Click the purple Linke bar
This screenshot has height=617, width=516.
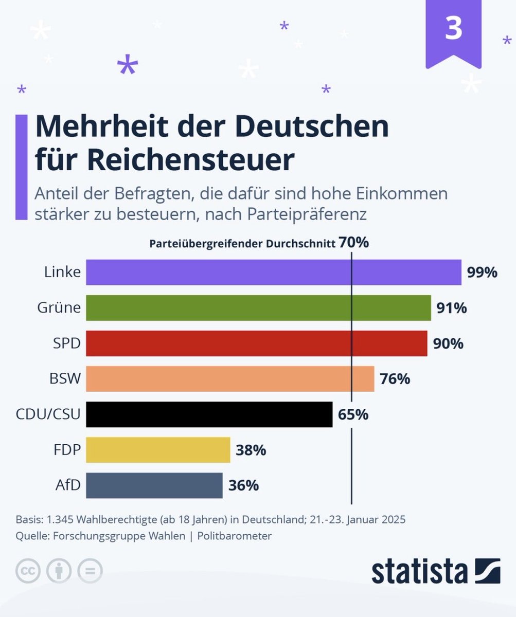tap(273, 272)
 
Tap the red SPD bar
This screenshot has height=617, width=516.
tap(256, 343)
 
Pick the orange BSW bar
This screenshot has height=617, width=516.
tap(230, 379)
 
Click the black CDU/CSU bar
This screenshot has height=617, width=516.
tap(209, 414)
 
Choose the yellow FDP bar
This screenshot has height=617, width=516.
tap(158, 450)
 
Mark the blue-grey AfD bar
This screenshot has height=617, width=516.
tap(154, 485)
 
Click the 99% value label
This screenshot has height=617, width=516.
tap(482, 273)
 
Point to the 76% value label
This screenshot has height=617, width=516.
tap(395, 379)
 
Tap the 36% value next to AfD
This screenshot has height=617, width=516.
tap(243, 485)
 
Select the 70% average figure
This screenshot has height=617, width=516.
tap(353, 242)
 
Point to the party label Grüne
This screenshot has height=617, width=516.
tap(59, 307)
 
